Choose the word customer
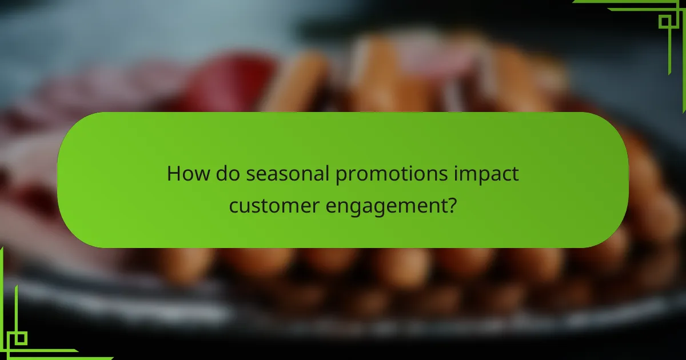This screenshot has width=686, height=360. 268,205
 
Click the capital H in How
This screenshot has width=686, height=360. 173,174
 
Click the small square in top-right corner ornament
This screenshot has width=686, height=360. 665,22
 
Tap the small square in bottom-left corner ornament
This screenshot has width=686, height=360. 21,338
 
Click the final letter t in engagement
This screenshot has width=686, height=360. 442,205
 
